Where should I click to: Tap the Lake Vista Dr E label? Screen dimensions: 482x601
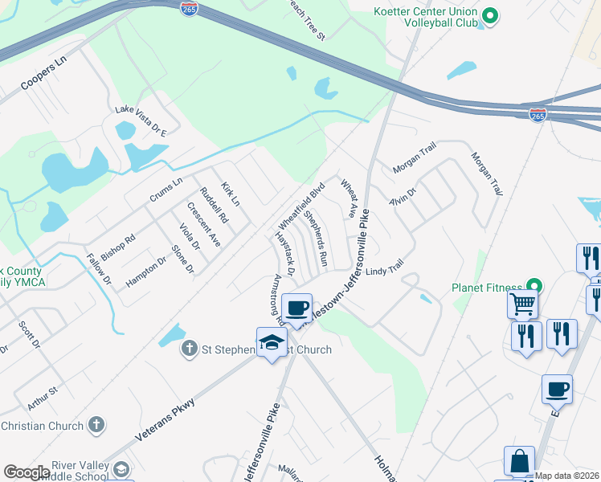141,110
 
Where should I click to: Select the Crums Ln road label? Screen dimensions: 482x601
166,190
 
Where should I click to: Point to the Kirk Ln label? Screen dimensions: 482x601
231,193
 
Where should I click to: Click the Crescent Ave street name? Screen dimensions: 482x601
204,224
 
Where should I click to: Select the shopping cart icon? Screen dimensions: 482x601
522,304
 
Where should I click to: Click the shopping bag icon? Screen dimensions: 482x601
519,460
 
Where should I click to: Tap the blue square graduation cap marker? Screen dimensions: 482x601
272,341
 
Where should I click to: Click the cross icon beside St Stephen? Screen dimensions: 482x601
189,349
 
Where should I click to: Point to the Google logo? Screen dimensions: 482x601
27,473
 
